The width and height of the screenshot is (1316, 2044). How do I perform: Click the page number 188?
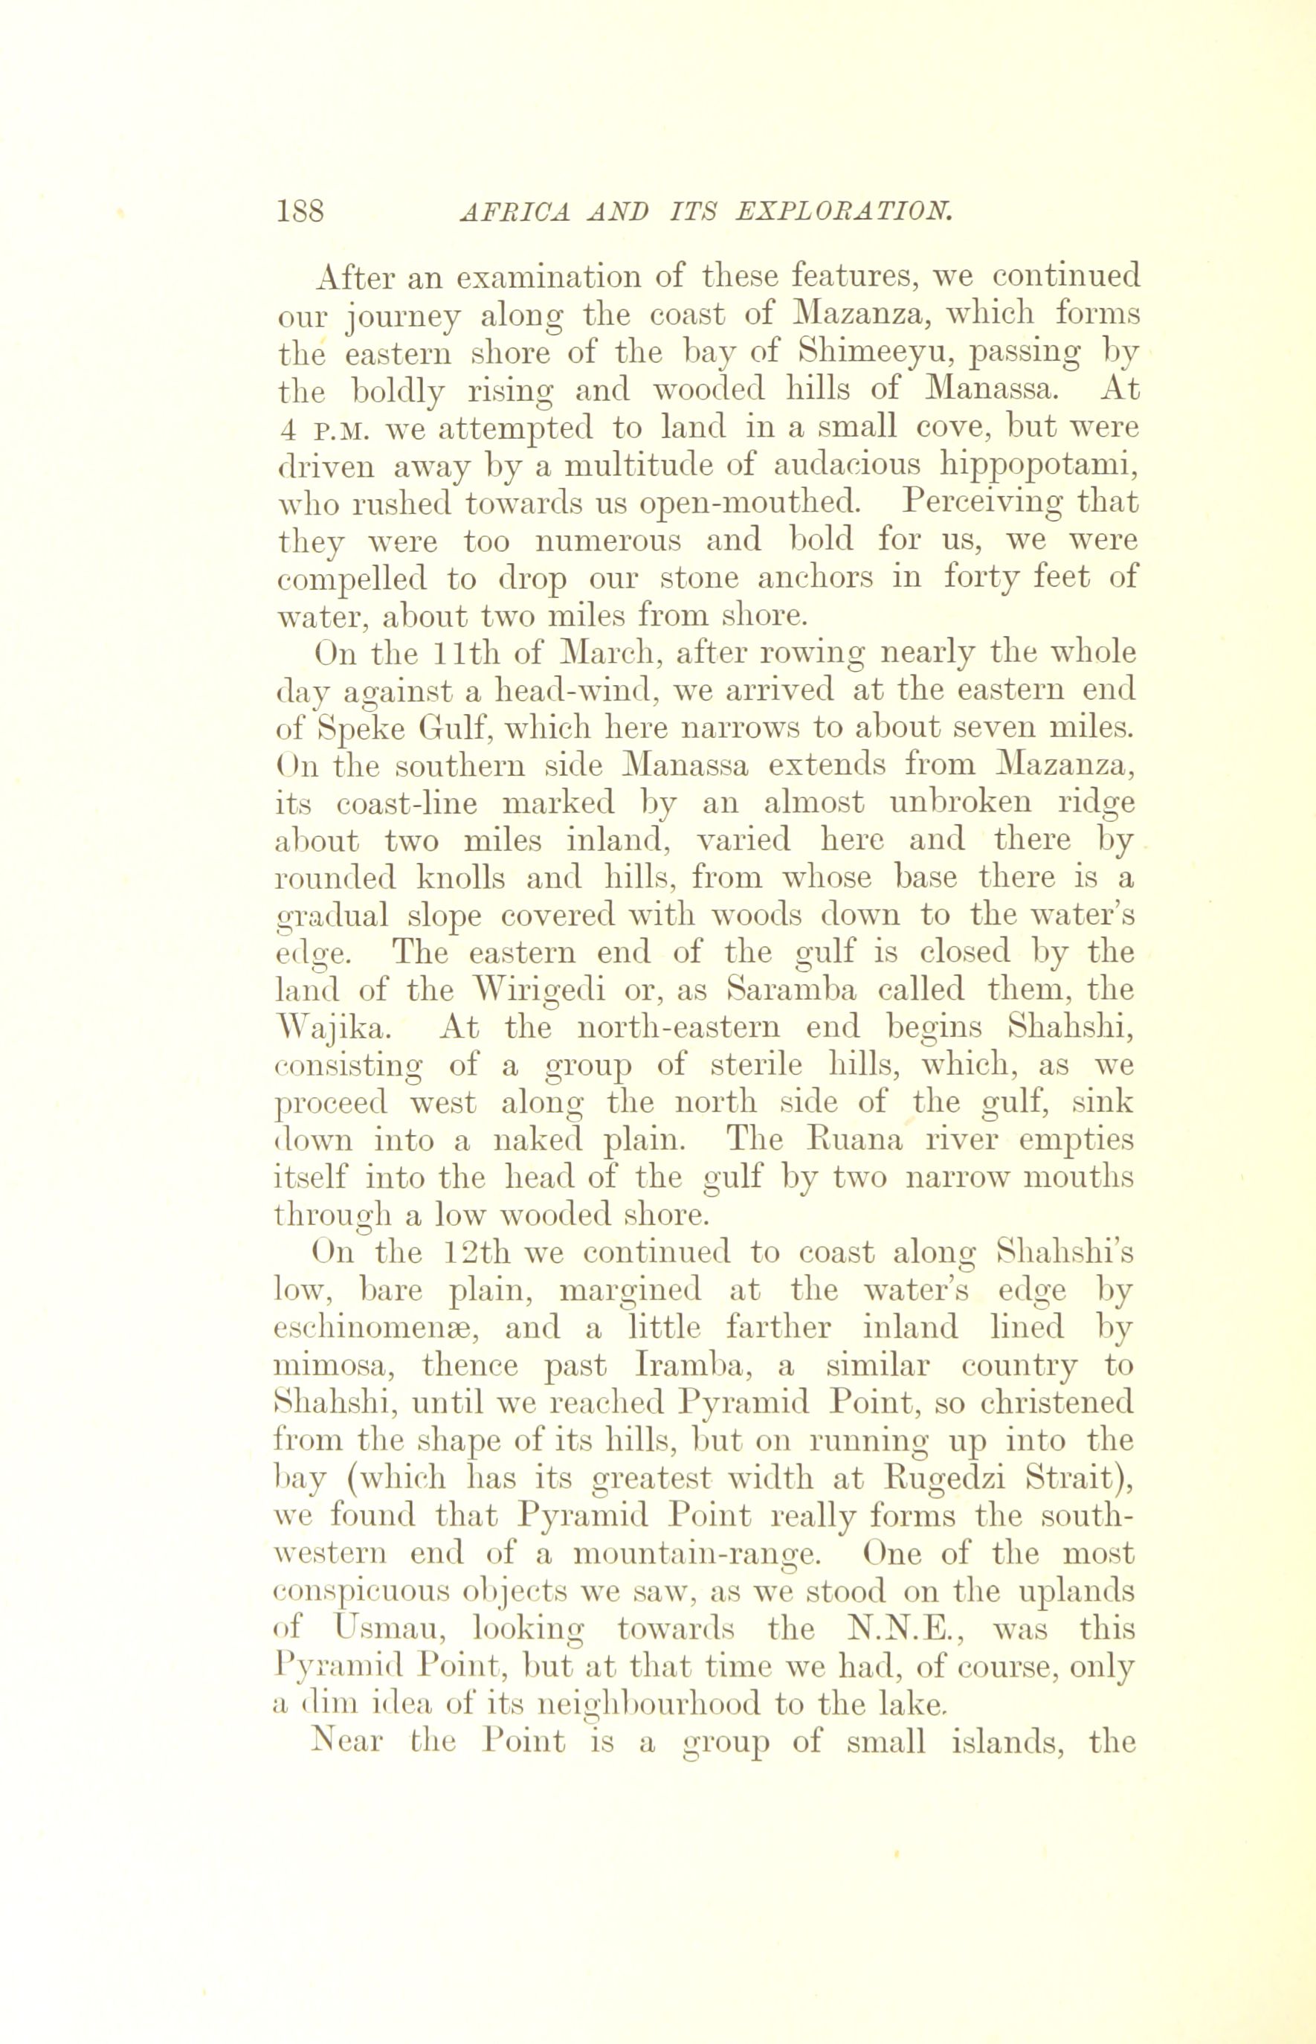click(x=301, y=210)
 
